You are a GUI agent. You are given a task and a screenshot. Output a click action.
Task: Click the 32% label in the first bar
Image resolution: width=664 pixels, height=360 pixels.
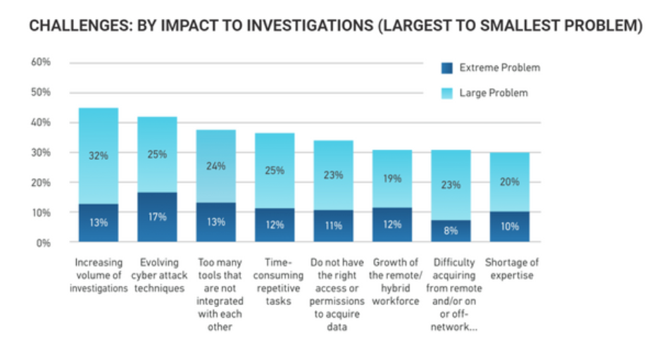tap(99, 156)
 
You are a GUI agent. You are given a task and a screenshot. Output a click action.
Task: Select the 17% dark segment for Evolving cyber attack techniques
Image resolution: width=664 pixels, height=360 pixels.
tap(158, 217)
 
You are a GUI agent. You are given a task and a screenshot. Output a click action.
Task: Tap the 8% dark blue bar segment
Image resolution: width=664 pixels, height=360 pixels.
tap(451, 230)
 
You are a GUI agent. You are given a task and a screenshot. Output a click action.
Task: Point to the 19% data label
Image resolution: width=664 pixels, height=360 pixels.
tap(392, 179)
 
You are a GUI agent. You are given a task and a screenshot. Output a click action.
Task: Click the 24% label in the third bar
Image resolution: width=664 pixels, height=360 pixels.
tap(216, 166)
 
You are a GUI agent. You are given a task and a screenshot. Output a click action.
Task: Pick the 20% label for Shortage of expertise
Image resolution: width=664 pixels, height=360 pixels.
tap(509, 182)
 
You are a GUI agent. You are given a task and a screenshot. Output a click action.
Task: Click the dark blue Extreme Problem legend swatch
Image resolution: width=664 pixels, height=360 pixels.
tap(446, 68)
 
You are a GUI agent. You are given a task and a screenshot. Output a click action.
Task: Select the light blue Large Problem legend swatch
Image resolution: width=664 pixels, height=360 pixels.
tap(446, 93)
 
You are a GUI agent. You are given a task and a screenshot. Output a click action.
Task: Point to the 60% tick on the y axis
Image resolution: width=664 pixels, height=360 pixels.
tap(41, 62)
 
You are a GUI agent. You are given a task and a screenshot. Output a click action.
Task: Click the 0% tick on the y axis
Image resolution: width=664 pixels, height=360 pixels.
tap(44, 243)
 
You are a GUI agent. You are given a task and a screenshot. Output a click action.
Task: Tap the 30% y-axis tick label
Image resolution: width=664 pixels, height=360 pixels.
tap(41, 152)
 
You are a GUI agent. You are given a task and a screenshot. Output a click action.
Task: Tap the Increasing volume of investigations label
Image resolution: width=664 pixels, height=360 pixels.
tap(99, 275)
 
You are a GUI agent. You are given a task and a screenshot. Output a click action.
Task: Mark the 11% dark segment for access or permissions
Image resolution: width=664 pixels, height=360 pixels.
tap(334, 225)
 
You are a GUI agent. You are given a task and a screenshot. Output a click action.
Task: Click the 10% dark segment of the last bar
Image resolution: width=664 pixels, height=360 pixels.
tap(509, 227)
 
